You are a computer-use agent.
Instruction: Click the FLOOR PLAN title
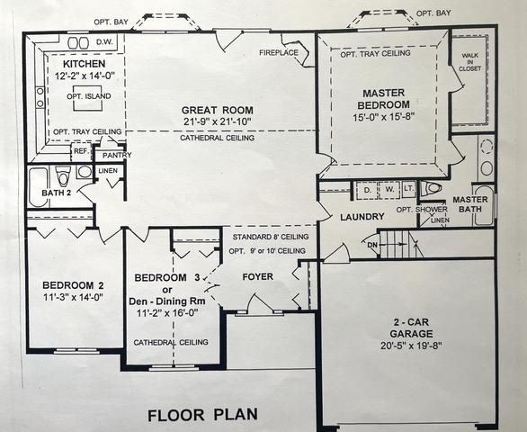click(x=202, y=415)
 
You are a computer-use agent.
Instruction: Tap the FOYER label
click(x=257, y=275)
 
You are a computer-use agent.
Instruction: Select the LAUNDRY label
click(x=362, y=217)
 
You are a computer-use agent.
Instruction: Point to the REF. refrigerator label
click(x=80, y=152)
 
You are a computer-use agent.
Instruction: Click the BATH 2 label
click(x=56, y=193)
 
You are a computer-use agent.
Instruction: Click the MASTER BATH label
click(x=470, y=205)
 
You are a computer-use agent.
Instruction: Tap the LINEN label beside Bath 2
click(x=108, y=170)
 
